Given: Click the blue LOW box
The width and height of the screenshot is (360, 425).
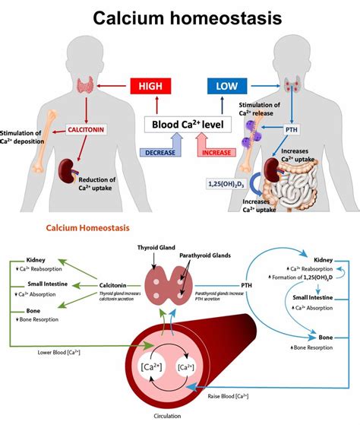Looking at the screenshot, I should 226,87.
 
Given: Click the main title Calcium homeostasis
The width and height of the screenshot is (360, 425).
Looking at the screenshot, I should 179,18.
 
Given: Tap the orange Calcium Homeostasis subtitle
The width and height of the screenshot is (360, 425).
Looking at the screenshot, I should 88,227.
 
